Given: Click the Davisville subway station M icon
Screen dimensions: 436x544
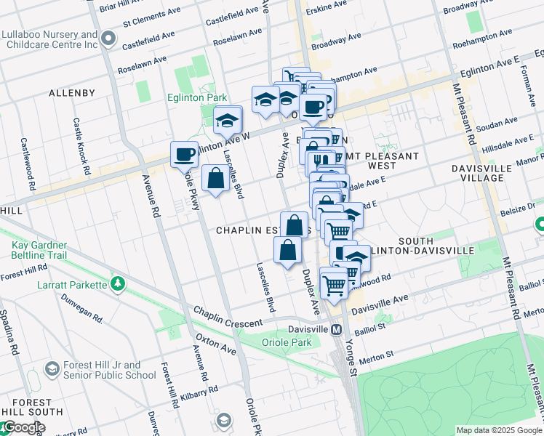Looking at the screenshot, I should click(337, 329).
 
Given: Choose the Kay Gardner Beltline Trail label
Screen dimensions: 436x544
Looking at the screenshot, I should click(49, 251).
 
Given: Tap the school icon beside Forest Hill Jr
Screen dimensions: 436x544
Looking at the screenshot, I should click(52, 369).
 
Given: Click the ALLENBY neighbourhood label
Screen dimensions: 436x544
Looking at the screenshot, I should click(71, 93).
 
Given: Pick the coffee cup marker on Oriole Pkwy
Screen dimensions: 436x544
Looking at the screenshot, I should click(184, 154).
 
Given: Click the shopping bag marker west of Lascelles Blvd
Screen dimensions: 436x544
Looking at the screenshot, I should click(216, 178).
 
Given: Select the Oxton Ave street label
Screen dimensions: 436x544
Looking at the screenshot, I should click(215, 344).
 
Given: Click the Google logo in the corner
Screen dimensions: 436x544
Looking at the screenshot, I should click(23, 427).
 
